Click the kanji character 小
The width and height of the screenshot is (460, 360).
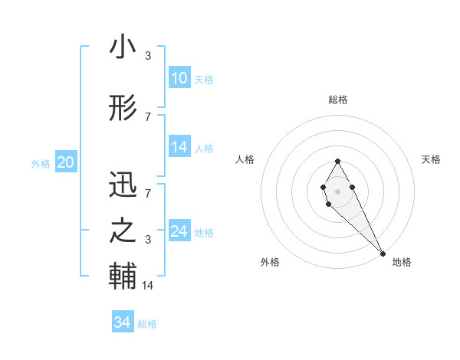[x=123, y=47]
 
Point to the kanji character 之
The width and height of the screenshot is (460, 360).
[x=123, y=231]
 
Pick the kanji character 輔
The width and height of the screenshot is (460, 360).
[x=123, y=276]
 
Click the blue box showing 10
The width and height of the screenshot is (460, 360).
[x=179, y=78]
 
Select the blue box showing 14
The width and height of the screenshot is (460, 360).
[x=179, y=147]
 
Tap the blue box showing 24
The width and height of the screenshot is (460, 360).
[x=179, y=231]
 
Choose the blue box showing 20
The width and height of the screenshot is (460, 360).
[x=66, y=162]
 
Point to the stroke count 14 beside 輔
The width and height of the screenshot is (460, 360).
[x=147, y=286]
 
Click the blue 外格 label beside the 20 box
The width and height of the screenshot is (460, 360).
[x=41, y=163]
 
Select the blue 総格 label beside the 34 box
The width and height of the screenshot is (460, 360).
[x=147, y=324]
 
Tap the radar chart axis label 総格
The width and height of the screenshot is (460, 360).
[x=338, y=100]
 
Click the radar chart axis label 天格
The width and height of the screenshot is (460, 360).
[x=431, y=159]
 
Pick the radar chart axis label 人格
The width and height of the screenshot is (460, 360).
[x=245, y=159]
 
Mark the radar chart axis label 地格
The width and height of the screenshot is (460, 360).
[x=402, y=262]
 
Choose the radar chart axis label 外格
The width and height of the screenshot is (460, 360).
[x=269, y=262]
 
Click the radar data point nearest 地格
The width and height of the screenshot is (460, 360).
[x=383, y=253]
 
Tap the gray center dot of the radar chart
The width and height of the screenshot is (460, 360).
[x=338, y=191]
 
